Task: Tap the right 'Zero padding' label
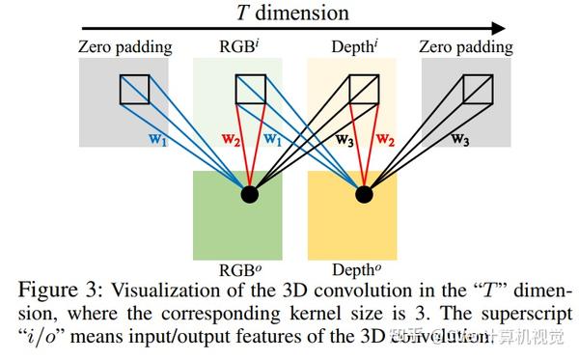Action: click(x=467, y=46)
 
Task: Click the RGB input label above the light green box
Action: click(x=237, y=46)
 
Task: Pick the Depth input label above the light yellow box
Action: click(x=351, y=46)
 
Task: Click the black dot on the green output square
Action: click(x=250, y=195)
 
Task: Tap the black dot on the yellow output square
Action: click(x=364, y=195)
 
